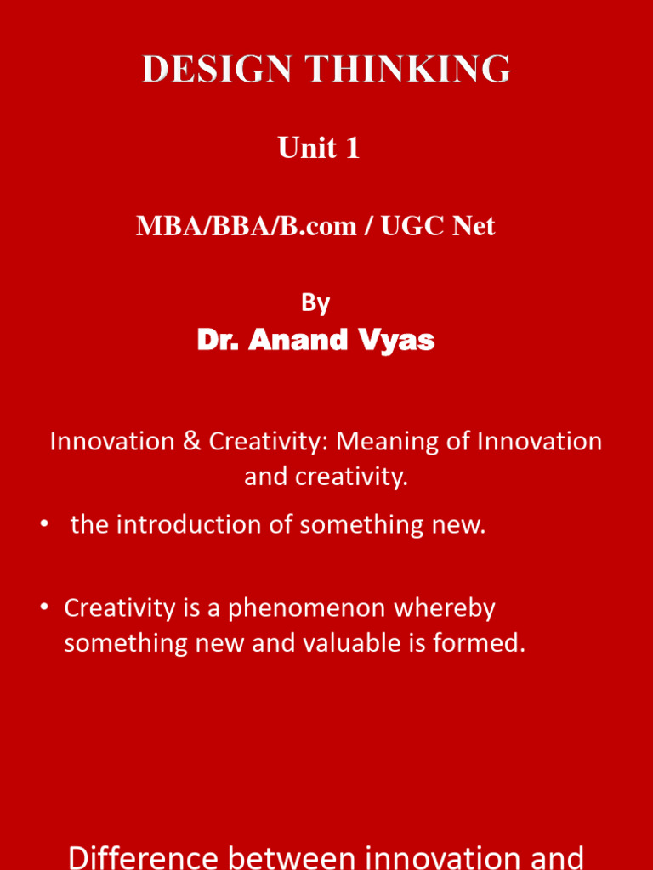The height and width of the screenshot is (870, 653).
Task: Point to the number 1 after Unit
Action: (x=351, y=149)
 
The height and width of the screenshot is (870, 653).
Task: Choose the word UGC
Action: (x=403, y=226)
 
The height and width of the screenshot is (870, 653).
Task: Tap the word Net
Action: (x=473, y=226)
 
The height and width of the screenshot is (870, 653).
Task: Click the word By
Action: (x=315, y=303)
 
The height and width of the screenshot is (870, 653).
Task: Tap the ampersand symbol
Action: (x=190, y=442)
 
